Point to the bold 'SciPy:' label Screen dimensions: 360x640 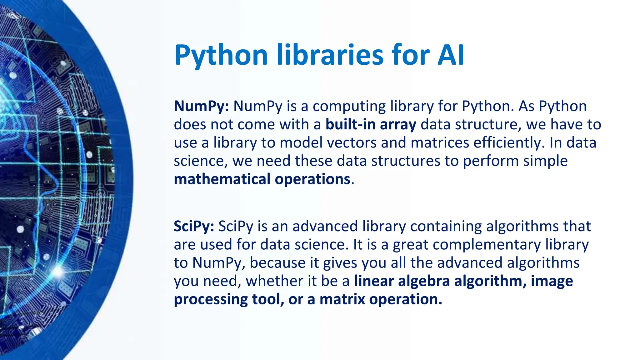(194, 226)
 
